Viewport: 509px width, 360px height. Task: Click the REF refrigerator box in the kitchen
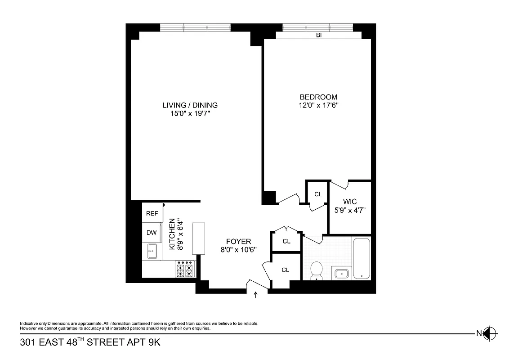coord(152,213)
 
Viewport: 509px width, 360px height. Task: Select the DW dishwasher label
coord(152,233)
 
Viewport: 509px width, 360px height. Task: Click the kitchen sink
coord(152,251)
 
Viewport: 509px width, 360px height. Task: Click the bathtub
coord(362,259)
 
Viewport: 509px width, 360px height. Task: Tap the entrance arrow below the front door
coord(256,295)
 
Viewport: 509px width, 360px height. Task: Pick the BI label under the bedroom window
coord(319,35)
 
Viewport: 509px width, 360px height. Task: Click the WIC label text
coord(350,202)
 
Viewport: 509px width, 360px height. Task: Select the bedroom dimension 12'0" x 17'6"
coord(318,105)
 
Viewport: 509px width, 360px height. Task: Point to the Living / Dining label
coord(190,105)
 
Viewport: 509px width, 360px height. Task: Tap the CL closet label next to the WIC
coord(318,194)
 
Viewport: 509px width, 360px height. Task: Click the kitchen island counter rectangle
coord(199,238)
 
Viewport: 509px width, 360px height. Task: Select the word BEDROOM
coord(318,97)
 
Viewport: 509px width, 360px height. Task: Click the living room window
coord(196,27)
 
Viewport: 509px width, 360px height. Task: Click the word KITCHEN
coord(172,234)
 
